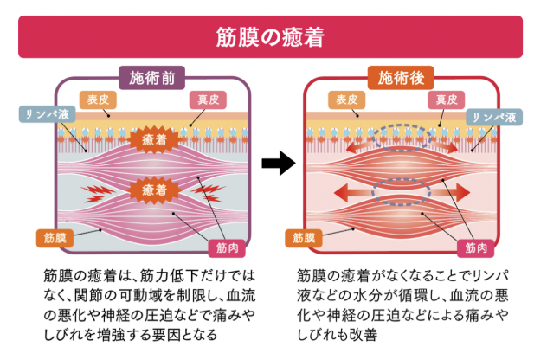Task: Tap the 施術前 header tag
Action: (153, 79)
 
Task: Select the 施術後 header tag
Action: (402, 79)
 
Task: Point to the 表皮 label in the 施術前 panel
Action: (95, 99)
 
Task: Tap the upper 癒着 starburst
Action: (152, 138)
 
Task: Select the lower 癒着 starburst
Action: (152, 188)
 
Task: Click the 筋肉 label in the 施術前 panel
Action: (227, 247)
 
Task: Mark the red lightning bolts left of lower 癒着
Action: (95, 188)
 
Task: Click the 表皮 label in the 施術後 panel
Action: (344, 100)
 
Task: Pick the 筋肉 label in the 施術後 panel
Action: (477, 247)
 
